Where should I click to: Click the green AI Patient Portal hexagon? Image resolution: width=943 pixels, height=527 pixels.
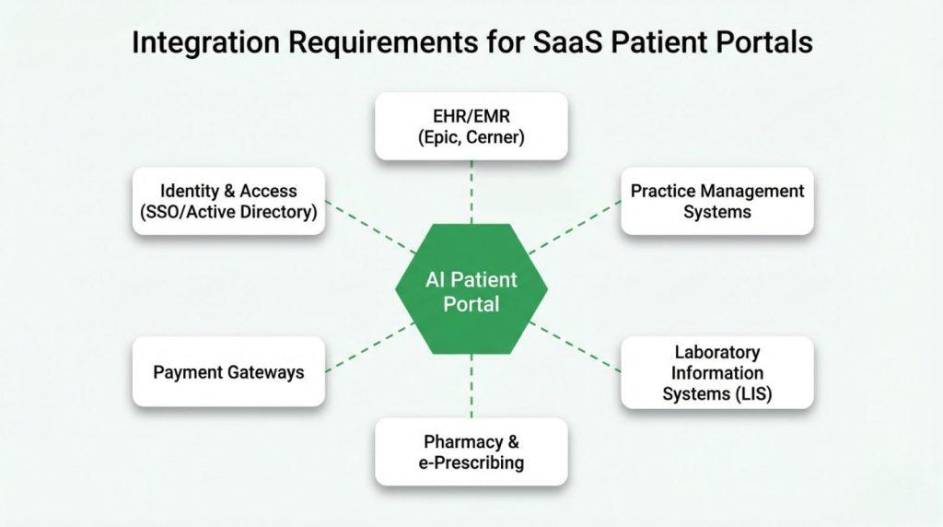[471, 291]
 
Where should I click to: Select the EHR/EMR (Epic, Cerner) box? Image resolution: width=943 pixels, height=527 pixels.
[471, 127]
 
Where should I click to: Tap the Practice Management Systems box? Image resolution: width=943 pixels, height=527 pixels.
[717, 201]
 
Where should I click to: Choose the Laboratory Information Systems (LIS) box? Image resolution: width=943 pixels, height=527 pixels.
[717, 372]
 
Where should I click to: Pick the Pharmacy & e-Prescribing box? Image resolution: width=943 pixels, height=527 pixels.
[471, 451]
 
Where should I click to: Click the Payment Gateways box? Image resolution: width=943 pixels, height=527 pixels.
[228, 372]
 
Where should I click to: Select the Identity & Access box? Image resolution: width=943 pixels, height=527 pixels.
[228, 201]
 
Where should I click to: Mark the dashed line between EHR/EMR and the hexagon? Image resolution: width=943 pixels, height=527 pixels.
[471, 192]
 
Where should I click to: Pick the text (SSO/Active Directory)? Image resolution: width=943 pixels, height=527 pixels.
[228, 212]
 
